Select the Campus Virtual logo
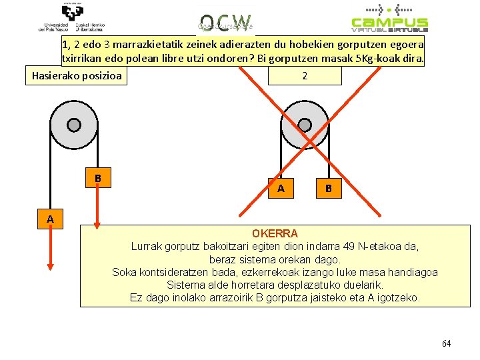click(x=390, y=18)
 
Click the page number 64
click(x=446, y=343)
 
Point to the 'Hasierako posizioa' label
click(x=77, y=75)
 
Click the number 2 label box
click(x=305, y=75)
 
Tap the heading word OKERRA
click(x=275, y=234)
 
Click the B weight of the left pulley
click(x=97, y=179)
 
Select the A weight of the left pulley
click(x=50, y=218)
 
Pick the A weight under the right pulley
click(x=281, y=189)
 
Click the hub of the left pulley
click(x=73, y=125)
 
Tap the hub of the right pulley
click(x=305, y=125)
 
